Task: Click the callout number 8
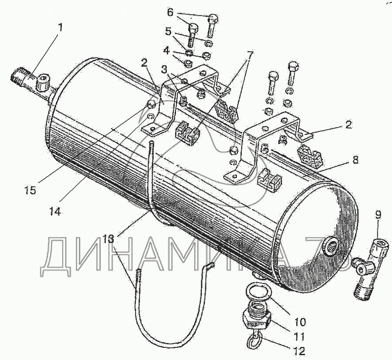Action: coord(355,160)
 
